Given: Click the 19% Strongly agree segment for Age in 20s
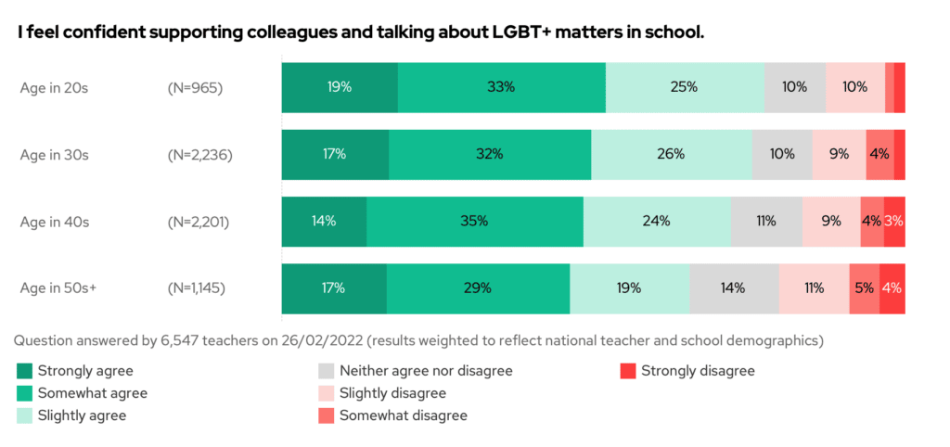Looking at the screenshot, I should coord(340,87).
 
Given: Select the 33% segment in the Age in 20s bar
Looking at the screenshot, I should coord(501,87).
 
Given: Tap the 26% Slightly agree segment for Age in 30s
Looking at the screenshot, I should coord(672,154).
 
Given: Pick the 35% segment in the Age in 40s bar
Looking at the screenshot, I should coord(475,221).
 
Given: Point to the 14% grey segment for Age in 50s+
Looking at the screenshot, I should coord(734,287).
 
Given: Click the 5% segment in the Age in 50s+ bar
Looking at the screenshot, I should coord(864,287).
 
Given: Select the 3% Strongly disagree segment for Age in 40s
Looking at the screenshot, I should coord(894,221).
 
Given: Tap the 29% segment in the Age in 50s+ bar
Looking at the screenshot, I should coord(478,287).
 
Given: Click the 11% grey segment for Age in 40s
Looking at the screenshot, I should coord(766,221).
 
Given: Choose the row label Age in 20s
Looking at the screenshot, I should coord(55,88).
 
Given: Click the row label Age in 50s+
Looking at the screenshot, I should coord(58,287).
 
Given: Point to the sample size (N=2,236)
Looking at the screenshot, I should coord(199,155).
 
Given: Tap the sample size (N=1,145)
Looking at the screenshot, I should coord(196,287).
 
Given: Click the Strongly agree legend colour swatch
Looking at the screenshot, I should coord(25,371).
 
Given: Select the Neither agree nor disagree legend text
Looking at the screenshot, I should coord(426,371).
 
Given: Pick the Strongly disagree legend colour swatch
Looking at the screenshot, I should coord(628,371).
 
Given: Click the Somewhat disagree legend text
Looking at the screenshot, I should coord(404,415).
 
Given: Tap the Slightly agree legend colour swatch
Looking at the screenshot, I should coord(25,415).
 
